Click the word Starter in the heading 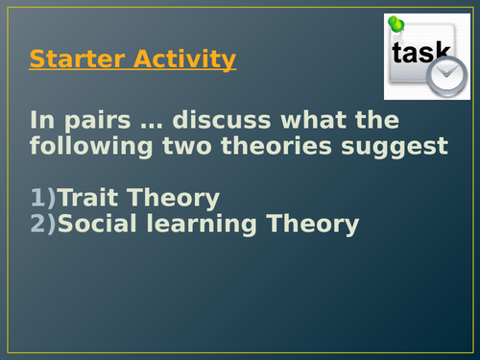69,60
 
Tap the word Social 100,225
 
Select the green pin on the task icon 396,24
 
